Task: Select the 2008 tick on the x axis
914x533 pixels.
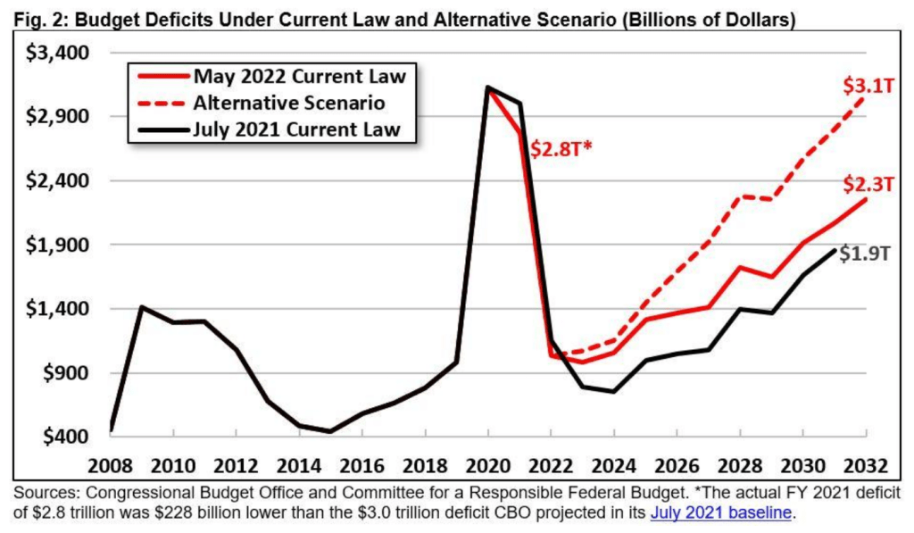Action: click(112, 466)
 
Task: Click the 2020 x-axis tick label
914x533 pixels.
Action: click(486, 466)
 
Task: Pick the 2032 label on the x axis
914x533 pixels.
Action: click(864, 466)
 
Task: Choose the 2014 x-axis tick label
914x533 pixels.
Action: click(299, 466)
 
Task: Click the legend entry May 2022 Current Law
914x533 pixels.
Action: click(299, 76)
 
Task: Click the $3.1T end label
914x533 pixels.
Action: click(868, 87)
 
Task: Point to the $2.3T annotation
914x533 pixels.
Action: click(868, 185)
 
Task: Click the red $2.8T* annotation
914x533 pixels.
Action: click(561, 149)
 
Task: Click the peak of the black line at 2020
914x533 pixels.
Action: click(487, 87)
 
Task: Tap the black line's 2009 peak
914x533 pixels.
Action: click(142, 306)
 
